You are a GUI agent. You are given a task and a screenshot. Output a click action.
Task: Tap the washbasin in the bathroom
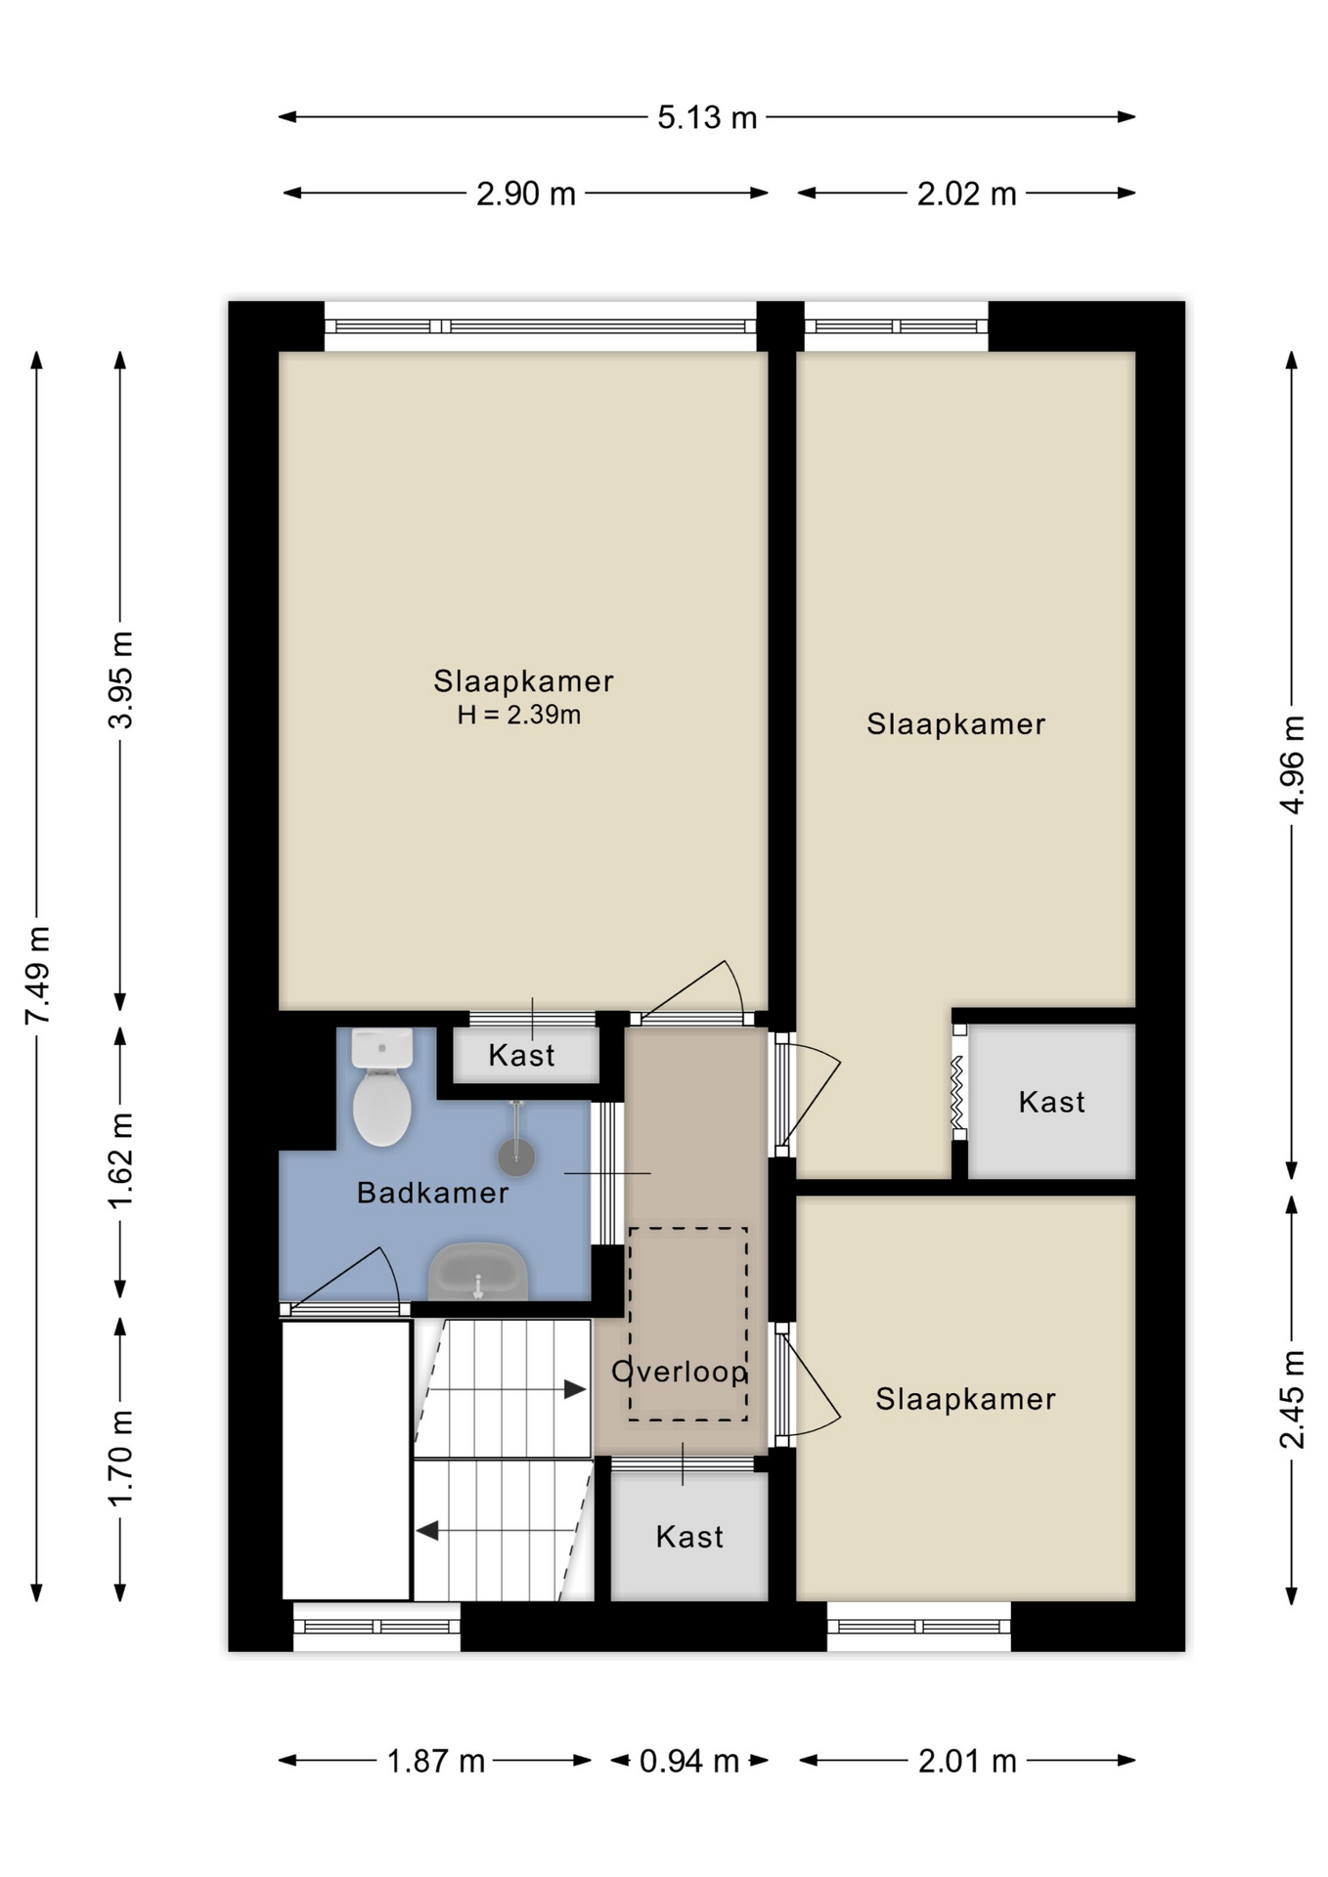pyautogui.click(x=478, y=1271)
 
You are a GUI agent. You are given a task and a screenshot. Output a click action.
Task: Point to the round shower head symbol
pyautogui.click(x=516, y=1157)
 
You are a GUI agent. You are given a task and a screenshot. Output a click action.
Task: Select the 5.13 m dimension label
pyautogui.click(x=707, y=117)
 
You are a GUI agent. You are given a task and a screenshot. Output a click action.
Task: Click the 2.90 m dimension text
pyautogui.click(x=526, y=194)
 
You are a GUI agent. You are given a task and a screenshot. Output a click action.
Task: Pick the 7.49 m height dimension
pyautogui.click(x=37, y=976)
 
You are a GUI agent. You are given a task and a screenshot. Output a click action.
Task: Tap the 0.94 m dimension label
pyautogui.click(x=689, y=1761)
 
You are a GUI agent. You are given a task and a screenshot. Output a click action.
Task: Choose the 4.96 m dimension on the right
pyautogui.click(x=1292, y=764)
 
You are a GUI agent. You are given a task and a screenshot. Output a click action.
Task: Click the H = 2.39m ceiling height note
pyautogui.click(x=519, y=715)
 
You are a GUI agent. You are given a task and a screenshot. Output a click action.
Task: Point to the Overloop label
pyautogui.click(x=680, y=1372)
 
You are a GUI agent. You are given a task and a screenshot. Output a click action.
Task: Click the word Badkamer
pyautogui.click(x=432, y=1193)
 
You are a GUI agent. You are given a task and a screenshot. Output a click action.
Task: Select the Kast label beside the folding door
pyautogui.click(x=1051, y=1102)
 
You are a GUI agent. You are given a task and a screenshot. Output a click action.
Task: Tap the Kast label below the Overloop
pyautogui.click(x=689, y=1537)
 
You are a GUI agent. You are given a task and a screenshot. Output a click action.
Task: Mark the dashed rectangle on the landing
pyautogui.click(x=687, y=1324)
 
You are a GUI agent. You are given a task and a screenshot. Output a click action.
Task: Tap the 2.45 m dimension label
pyautogui.click(x=1292, y=1399)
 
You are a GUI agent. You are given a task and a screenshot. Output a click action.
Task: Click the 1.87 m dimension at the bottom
pyautogui.click(x=436, y=1761)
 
